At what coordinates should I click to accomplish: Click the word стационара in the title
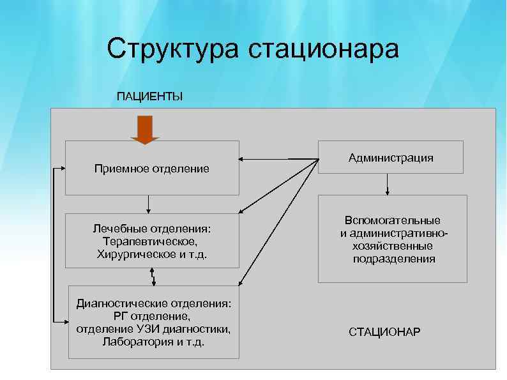click(322, 49)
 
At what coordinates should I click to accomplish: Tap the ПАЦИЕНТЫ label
click(149, 96)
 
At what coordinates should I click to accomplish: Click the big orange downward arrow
click(145, 130)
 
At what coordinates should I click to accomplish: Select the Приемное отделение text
click(151, 169)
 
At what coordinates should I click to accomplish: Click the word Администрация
click(391, 157)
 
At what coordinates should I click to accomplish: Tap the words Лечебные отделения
click(151, 229)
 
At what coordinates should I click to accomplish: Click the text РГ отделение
click(151, 315)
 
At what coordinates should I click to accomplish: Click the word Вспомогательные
click(393, 220)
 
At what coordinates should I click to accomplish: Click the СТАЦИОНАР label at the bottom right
click(384, 332)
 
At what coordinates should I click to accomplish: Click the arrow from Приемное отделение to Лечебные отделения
click(148, 204)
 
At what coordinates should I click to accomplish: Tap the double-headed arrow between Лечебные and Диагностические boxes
click(153, 276)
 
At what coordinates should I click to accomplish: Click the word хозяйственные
click(392, 246)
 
